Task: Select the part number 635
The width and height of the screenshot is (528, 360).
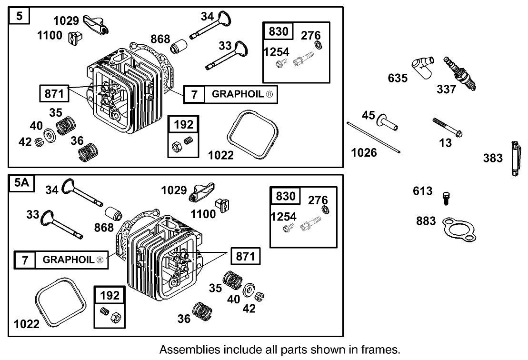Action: (398, 78)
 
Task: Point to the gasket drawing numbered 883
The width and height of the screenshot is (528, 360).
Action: (458, 227)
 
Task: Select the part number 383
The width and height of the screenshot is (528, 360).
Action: (493, 158)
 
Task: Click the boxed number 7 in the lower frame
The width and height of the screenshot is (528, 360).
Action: (25, 260)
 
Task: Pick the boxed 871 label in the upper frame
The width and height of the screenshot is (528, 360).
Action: (53, 93)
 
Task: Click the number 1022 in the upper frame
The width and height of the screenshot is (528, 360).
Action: (220, 155)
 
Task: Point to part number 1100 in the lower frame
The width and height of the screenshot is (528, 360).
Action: (203, 214)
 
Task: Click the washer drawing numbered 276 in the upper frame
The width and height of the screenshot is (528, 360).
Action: (317, 47)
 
